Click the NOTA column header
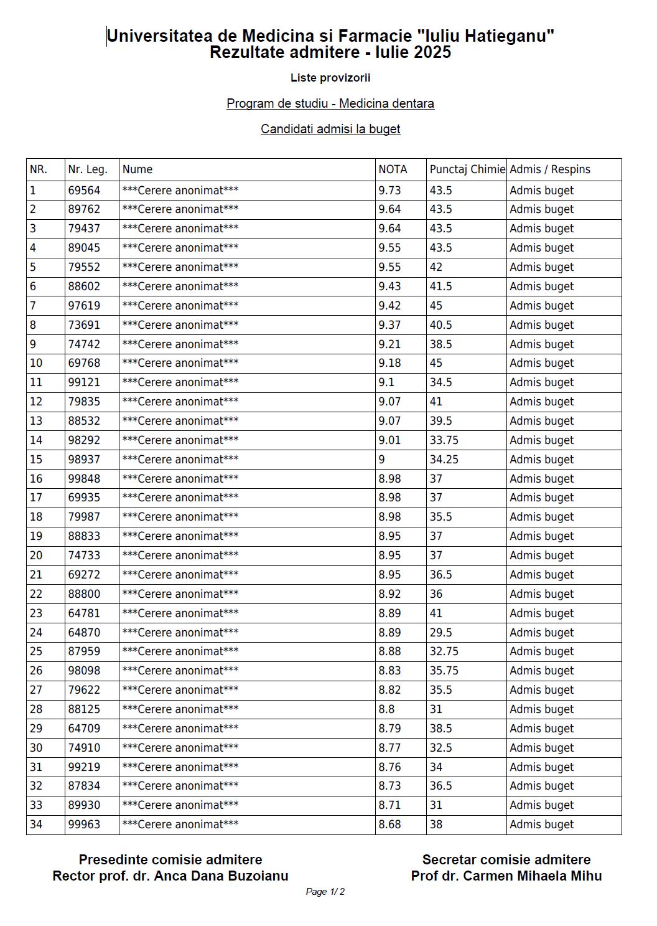click(393, 169)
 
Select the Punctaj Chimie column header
click(467, 169)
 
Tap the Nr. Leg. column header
click(88, 169)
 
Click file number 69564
click(84, 191)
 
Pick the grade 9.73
click(389, 191)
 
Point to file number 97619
click(84, 306)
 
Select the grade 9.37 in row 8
click(389, 325)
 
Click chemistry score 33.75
click(444, 440)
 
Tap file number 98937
click(84, 460)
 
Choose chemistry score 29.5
click(440, 633)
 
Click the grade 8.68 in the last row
click(389, 824)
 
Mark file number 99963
click(84, 824)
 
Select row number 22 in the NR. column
click(36, 594)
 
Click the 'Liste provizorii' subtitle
click(330, 78)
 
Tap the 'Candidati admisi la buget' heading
click(330, 129)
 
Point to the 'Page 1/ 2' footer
click(325, 892)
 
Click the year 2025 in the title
click(430, 52)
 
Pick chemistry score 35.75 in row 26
click(444, 671)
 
